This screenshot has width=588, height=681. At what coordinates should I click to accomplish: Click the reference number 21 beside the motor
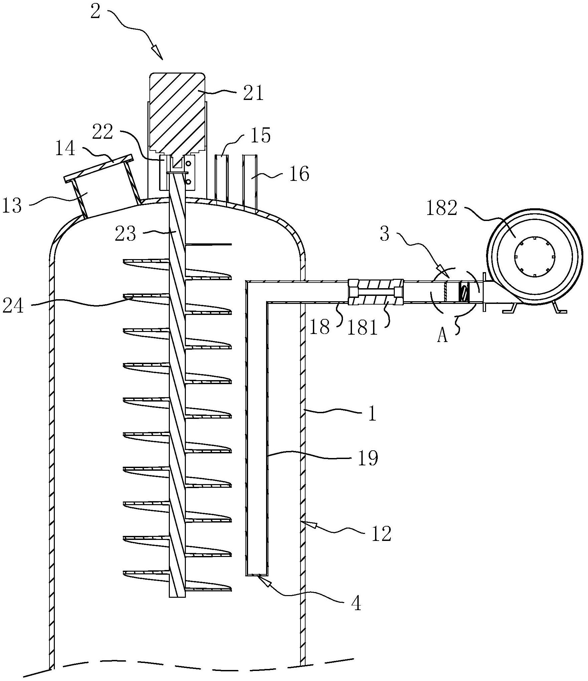pyautogui.click(x=253, y=93)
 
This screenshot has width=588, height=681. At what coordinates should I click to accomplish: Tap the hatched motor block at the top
pyautogui.click(x=177, y=114)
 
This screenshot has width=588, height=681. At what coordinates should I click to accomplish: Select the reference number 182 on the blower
pyautogui.click(x=441, y=209)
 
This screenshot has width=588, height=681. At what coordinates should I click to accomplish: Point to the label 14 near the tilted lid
pyautogui.click(x=65, y=148)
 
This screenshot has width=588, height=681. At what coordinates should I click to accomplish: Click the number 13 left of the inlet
pyautogui.click(x=12, y=205)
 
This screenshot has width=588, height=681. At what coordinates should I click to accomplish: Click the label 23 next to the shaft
pyautogui.click(x=126, y=234)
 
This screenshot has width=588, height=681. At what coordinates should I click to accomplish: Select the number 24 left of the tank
pyautogui.click(x=13, y=306)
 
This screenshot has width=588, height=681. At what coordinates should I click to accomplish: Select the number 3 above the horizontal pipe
pyautogui.click(x=385, y=234)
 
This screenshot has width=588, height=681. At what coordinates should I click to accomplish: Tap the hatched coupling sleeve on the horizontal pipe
pyautogui.click(x=376, y=293)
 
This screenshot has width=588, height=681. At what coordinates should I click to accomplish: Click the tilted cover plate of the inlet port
pyautogui.click(x=99, y=168)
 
